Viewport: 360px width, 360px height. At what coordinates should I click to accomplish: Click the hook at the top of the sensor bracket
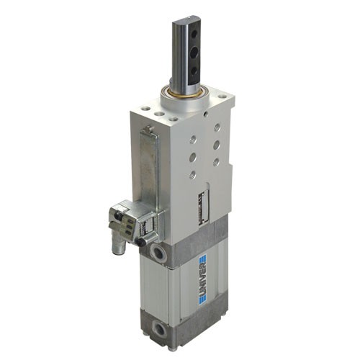click(x=148, y=130)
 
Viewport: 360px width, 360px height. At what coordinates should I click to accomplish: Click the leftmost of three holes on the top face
click(x=147, y=109)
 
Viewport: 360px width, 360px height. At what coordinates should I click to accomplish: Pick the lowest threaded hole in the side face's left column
click(x=192, y=174)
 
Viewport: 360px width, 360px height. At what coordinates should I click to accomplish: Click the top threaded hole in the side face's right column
click(x=217, y=127)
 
